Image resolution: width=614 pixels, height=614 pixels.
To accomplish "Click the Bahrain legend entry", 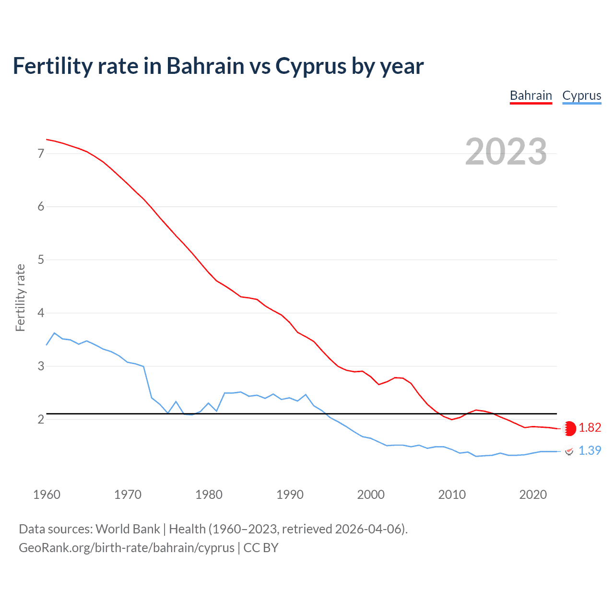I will coord(531,95).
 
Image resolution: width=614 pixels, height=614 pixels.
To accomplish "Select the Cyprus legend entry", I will coord(581,95).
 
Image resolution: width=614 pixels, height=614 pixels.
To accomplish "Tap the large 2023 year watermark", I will coord(506,152).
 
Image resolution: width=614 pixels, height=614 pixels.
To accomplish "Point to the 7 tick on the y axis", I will coord(41,153).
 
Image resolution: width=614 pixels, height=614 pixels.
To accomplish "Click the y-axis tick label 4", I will coord(41,313).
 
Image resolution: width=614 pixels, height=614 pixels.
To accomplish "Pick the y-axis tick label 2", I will coord(41,420).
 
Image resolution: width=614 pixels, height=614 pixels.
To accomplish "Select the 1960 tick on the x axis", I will coord(47,495).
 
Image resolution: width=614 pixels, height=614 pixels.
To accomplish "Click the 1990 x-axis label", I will coord(290,495).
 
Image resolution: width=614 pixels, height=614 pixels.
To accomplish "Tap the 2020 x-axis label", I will coord(533,495).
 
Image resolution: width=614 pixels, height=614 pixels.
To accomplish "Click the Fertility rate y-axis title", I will coord(20,297).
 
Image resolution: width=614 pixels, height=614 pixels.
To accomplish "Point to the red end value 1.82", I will coord(590,428).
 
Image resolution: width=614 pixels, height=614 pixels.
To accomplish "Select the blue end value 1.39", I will coord(590,451).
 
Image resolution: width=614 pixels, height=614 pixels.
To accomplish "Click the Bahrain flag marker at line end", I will coord(569,428).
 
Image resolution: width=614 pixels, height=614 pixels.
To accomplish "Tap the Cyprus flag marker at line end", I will coord(569,451).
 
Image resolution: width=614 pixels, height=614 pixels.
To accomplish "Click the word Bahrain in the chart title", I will coord(205,66).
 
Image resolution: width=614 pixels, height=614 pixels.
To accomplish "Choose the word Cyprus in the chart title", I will coord(310,66).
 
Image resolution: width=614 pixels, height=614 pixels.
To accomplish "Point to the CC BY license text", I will coord(261,548).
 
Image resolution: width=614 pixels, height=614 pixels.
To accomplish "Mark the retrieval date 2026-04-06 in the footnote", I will coord(368,529).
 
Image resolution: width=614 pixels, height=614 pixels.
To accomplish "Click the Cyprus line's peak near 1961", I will coord(54,333).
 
